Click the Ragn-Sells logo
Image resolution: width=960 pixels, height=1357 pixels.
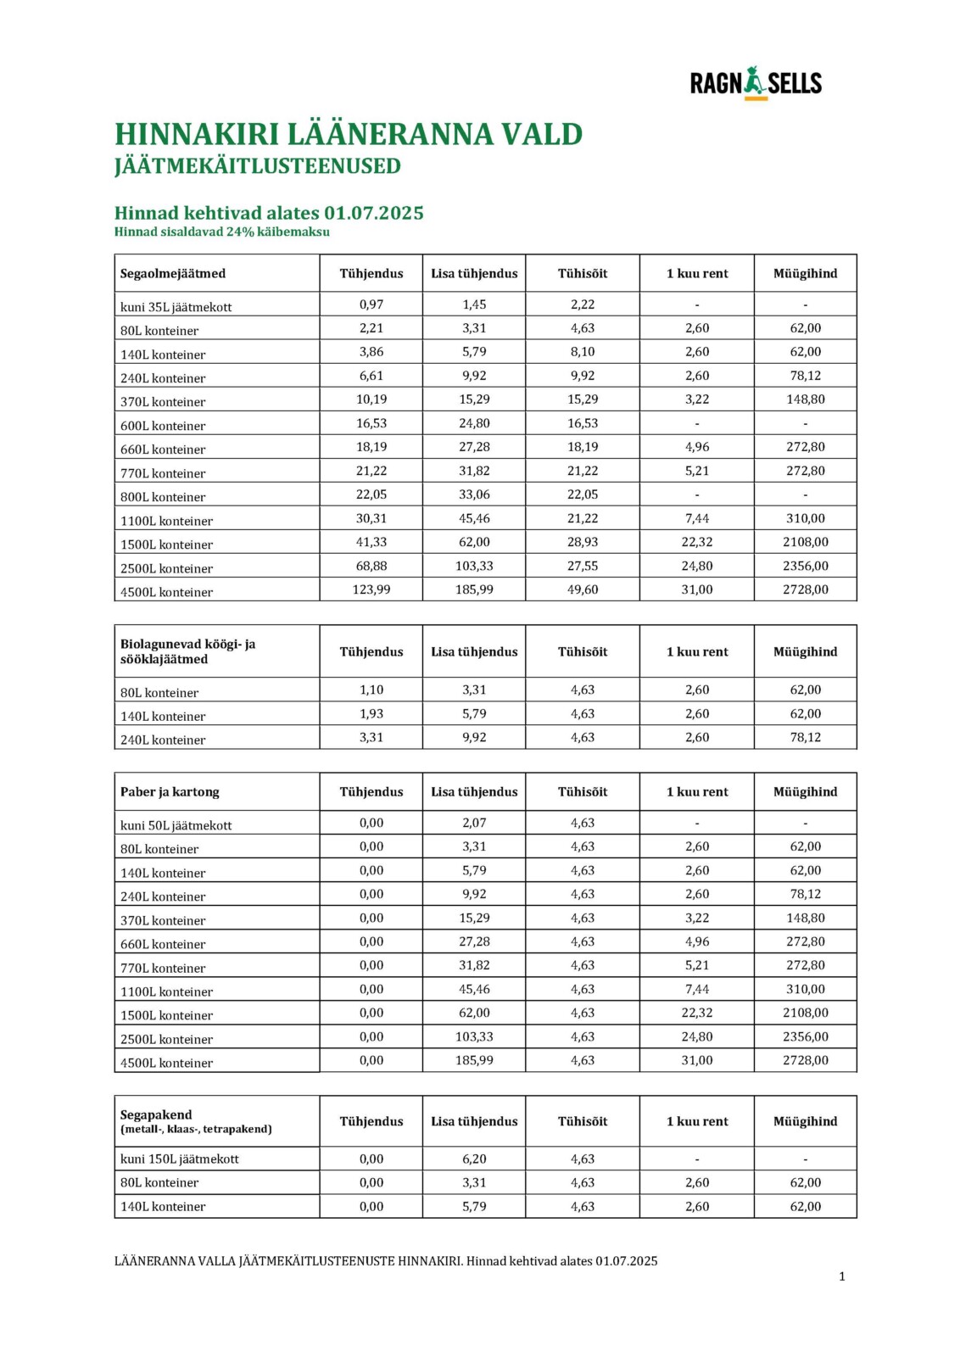pos(756,83)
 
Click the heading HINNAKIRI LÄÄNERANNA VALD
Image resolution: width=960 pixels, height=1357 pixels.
pos(349,135)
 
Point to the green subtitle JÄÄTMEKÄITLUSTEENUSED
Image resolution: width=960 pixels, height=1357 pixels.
pos(258,166)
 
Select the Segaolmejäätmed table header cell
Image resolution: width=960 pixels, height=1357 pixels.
pos(173,274)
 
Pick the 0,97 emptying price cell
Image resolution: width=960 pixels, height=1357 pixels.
pos(371,304)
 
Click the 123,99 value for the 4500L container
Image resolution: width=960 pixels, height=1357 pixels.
pos(371,589)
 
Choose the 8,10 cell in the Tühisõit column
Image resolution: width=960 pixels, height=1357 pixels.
pos(583,352)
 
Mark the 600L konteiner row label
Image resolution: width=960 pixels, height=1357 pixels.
pos(163,426)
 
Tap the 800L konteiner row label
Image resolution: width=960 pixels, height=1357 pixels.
pos(163,497)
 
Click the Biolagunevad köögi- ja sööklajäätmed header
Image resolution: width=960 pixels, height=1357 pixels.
pos(188,651)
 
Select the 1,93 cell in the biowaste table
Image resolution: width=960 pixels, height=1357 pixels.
pos(371,714)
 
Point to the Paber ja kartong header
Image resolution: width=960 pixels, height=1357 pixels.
pos(170,792)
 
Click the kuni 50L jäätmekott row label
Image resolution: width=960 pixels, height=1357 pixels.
pos(176,825)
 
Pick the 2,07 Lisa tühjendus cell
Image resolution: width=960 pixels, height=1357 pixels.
pos(474,823)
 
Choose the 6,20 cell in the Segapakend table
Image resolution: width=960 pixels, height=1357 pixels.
pos(474,1159)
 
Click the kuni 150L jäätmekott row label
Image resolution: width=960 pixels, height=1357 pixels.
pos(179,1159)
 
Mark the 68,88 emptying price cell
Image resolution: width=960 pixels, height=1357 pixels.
pos(371,566)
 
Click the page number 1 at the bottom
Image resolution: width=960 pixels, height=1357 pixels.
pos(842,1276)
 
